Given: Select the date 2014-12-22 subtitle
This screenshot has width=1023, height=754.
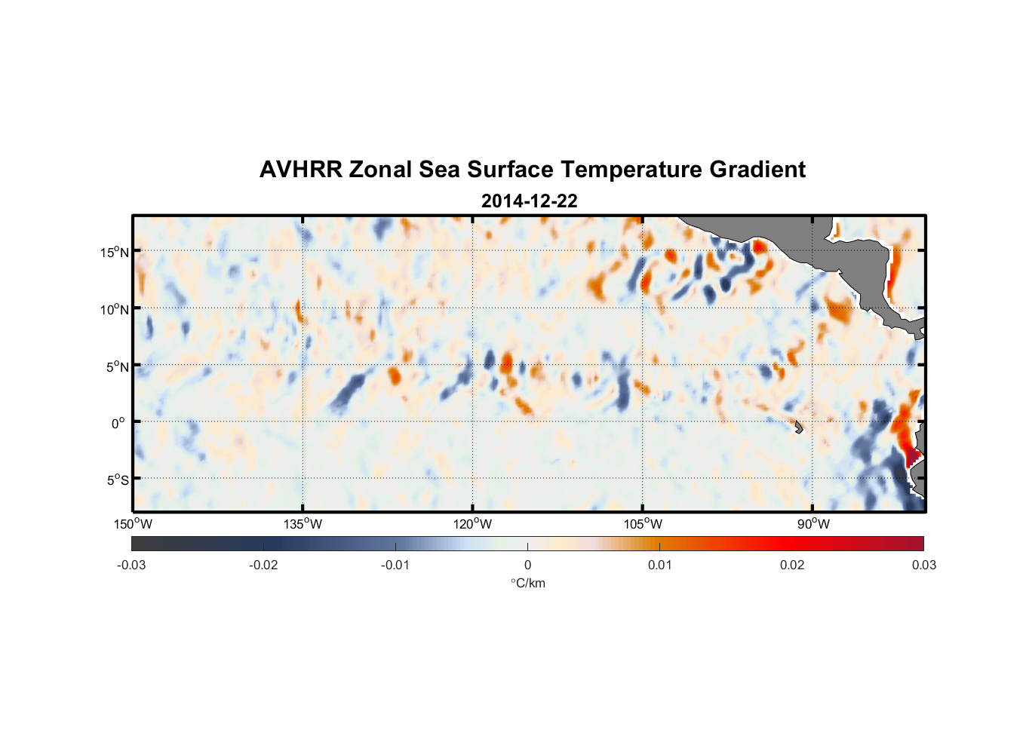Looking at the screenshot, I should tap(529, 201).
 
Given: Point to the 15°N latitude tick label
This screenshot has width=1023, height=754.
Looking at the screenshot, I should tap(115, 252).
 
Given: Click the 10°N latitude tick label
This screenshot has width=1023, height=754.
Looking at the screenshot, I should tap(115, 309).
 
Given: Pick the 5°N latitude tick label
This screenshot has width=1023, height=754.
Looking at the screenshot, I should tap(118, 366).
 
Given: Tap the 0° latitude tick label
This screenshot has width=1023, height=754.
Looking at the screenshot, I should tap(118, 424).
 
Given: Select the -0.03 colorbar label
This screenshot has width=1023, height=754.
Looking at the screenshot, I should tap(131, 565).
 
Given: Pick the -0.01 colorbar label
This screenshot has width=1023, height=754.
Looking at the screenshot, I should tap(395, 565).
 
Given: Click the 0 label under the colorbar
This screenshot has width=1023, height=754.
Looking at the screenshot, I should tap(527, 565).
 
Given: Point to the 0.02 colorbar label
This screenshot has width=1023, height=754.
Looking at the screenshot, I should tap(792, 565).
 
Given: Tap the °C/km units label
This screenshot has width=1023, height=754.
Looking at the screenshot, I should tap(528, 583).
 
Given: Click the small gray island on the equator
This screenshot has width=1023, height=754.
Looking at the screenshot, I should tap(799, 427).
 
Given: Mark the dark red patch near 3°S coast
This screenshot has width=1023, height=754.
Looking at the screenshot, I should tap(911, 455).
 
